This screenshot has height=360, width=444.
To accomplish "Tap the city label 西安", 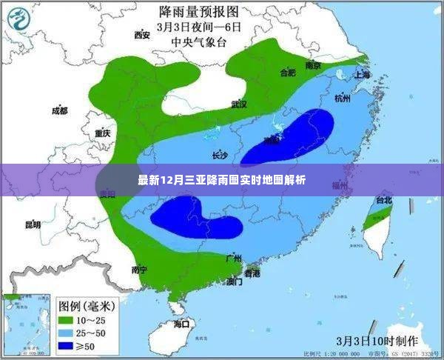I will click(142, 34).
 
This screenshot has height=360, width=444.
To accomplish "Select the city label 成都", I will click(59, 111).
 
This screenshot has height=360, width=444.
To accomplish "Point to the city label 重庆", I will click(102, 133).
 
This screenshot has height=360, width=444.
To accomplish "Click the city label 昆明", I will click(33, 224).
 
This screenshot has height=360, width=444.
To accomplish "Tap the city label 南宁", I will click(139, 269).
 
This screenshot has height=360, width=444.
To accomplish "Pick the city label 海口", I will click(181, 324).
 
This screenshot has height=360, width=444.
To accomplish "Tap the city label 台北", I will click(384, 200).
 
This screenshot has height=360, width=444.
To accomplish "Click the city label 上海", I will click(362, 75).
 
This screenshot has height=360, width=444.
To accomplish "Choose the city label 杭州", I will click(342, 98).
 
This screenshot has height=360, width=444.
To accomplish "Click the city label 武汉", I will click(238, 104).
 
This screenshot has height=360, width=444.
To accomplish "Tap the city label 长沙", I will click(220, 156).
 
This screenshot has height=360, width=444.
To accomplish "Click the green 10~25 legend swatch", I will click(64, 319).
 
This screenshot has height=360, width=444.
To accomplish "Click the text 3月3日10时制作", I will click(371, 341).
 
